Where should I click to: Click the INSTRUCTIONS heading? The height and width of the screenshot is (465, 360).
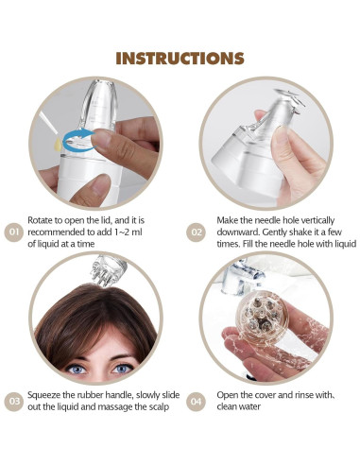coord(180,58)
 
